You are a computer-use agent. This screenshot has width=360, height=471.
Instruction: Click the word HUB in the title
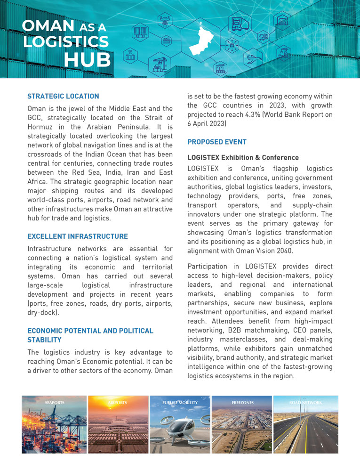point(87,60)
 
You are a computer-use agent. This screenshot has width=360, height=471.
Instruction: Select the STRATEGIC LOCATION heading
point(63,97)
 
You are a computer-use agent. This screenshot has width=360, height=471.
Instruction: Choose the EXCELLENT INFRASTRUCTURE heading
point(77,236)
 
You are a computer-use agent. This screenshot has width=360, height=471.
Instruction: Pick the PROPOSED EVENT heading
point(217,142)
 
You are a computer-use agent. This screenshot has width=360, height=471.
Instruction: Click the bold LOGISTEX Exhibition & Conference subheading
point(243,157)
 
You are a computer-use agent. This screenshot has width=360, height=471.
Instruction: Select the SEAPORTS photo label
point(55,403)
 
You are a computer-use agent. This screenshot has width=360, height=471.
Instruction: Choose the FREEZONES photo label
point(242,403)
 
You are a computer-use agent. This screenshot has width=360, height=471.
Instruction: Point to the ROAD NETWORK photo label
point(306,403)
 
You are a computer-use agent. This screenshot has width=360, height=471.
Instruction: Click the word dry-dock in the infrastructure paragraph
point(41,311)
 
